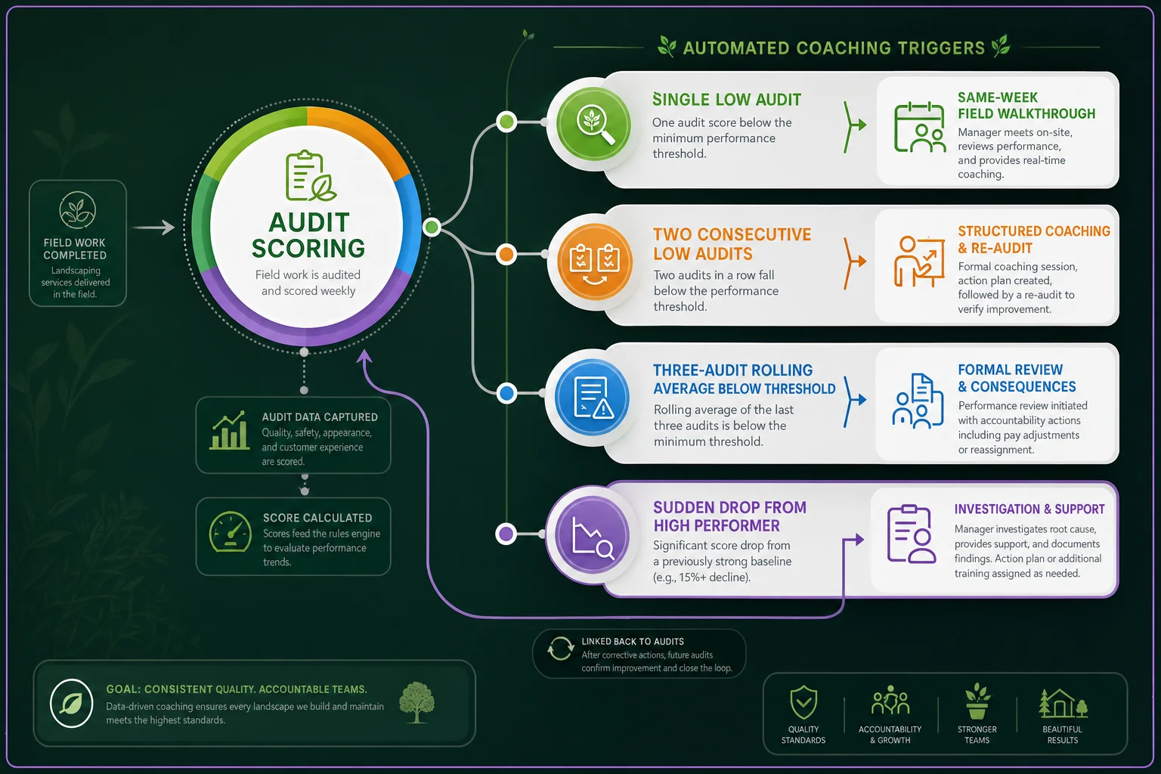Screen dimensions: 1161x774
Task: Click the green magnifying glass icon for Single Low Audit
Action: pyautogui.click(x=594, y=125)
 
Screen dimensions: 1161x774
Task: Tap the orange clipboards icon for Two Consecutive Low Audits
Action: pyautogui.click(x=595, y=262)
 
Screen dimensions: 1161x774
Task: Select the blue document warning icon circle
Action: pyautogui.click(x=593, y=398)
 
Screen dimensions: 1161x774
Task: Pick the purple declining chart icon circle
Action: pyautogui.click(x=593, y=535)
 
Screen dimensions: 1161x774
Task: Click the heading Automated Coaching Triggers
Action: pyautogui.click(x=834, y=48)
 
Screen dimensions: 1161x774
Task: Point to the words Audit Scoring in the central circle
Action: pyautogui.click(x=308, y=235)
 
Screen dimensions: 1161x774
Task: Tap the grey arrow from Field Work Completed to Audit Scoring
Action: pyautogui.click(x=154, y=227)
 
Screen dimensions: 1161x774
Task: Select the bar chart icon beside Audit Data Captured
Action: pyautogui.click(x=229, y=431)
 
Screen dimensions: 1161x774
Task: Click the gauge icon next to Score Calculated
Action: pyautogui.click(x=230, y=532)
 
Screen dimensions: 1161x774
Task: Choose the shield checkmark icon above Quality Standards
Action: pyautogui.click(x=803, y=702)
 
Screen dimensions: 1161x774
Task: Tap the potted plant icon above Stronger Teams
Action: pyautogui.click(x=977, y=701)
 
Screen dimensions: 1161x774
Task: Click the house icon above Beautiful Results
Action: pyautogui.click(x=1063, y=704)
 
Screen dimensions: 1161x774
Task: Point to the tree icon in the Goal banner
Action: pyautogui.click(x=416, y=702)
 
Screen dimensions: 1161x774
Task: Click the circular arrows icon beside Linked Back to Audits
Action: pyautogui.click(x=561, y=649)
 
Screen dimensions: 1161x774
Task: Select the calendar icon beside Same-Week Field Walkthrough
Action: pyautogui.click(x=919, y=127)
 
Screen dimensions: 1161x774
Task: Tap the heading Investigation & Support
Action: pyautogui.click(x=1029, y=509)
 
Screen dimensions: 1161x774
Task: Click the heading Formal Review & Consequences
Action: pyautogui.click(x=1017, y=378)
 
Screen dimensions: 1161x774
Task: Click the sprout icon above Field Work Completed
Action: pyautogui.click(x=78, y=210)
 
